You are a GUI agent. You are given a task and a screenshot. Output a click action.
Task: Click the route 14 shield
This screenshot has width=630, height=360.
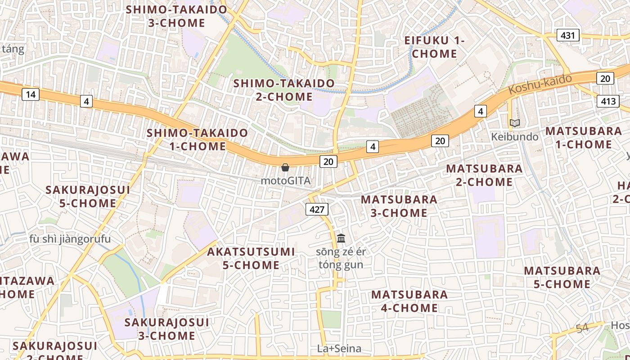click(x=30, y=94)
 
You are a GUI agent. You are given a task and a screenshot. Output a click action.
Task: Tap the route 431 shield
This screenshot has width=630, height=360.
click(x=568, y=35)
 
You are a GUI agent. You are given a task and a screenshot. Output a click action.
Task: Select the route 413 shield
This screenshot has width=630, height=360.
click(x=607, y=101)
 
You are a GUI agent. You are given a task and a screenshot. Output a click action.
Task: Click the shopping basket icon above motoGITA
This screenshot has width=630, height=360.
click(x=285, y=168)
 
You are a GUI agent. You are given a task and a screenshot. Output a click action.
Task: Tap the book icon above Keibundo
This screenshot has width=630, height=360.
click(x=514, y=123)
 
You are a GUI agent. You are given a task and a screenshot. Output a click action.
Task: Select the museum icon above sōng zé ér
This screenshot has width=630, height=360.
click(x=341, y=238)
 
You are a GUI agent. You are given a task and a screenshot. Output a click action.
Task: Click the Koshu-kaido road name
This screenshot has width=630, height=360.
click(x=540, y=84)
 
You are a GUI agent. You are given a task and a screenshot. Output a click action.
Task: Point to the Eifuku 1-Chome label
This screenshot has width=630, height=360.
click(x=434, y=47)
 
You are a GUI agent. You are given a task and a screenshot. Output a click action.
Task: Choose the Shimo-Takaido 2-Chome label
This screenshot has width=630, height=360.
click(x=284, y=90)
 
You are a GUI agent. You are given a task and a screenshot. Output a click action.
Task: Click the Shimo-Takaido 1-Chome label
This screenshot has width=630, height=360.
click(x=198, y=139)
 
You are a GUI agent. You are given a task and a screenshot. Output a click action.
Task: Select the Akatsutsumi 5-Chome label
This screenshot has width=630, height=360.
click(x=251, y=258)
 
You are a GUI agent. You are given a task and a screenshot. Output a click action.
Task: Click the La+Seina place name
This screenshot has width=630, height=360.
click(x=339, y=349)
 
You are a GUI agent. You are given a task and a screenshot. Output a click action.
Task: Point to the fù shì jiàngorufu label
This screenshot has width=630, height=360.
click(x=70, y=239)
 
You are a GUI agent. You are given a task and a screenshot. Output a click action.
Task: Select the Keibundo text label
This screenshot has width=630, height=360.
click(x=515, y=136)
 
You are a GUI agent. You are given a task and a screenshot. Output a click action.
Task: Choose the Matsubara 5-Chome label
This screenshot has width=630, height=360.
click(x=562, y=277)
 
